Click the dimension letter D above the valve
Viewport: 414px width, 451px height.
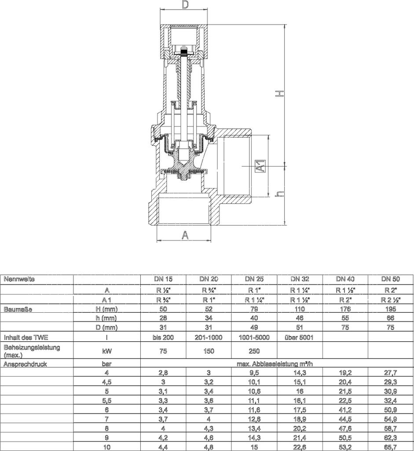coord(185,6)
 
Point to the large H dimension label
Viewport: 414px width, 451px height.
coord(279,93)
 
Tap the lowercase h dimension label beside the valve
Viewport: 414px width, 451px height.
coord(277,194)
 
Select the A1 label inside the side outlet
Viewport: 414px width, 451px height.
coord(260,166)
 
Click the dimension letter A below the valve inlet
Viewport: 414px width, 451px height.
coord(186,236)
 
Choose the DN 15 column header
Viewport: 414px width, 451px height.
coord(164,279)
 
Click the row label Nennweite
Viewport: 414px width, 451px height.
coord(19,279)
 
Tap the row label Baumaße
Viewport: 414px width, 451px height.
coord(17,309)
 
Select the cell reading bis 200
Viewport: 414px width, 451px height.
coord(164,338)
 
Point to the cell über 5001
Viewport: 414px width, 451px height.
coord(300,338)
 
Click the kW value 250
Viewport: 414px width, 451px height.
coord(254,351)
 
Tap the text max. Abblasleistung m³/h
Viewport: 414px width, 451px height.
coord(277,364)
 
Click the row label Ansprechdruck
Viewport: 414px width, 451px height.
coord(25,364)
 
